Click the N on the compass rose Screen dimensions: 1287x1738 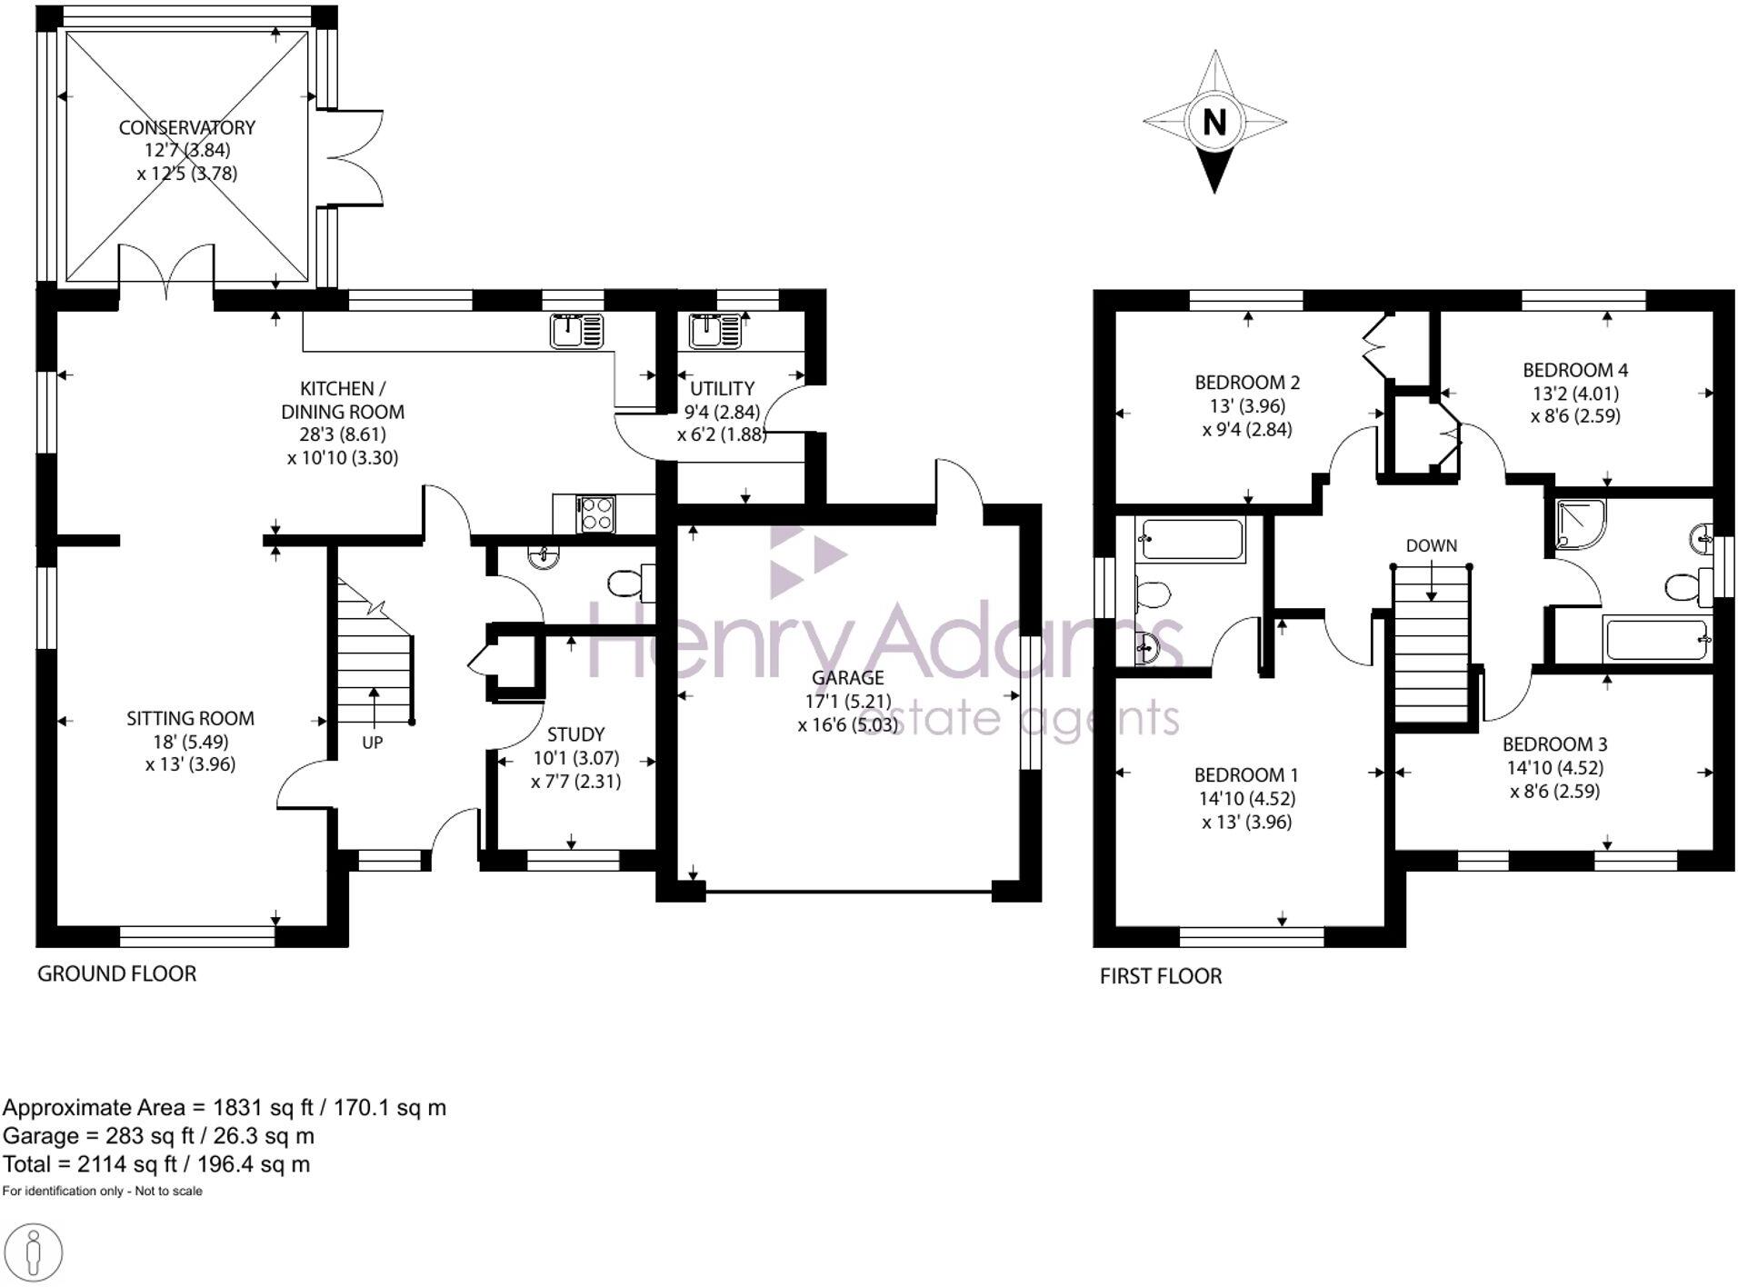click(1214, 121)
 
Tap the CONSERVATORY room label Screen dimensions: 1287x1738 click(186, 127)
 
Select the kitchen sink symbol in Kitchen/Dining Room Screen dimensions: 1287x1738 click(576, 331)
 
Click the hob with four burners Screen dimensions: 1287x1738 click(596, 514)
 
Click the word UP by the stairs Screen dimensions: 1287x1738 click(372, 743)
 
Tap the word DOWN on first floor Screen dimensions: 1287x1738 click(1431, 545)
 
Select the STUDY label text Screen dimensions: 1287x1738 click(575, 734)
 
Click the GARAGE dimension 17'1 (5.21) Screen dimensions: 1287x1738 click(847, 702)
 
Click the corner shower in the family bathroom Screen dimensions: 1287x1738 click(1580, 524)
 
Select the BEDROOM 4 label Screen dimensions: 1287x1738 click(1574, 370)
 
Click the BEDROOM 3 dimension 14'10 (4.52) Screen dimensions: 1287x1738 click(1554, 767)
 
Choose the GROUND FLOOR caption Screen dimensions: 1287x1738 click(116, 973)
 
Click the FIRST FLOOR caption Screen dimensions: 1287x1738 click(1160, 976)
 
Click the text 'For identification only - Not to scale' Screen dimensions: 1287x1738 click(102, 1191)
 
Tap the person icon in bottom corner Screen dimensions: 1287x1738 click(34, 1253)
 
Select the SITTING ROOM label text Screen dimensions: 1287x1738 click(190, 718)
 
